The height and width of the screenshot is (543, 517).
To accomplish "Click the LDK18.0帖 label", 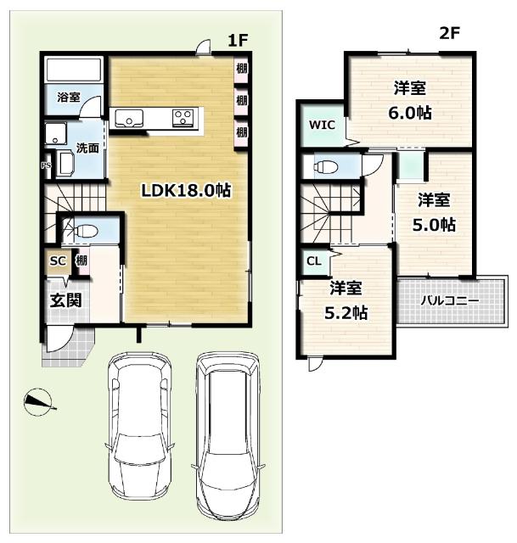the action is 186,190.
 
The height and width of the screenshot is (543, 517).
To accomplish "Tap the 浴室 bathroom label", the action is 69,98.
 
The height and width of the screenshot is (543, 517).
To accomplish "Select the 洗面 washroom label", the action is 87,148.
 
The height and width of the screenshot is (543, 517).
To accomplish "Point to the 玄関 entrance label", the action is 66,300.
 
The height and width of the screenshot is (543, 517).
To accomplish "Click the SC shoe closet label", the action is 58,260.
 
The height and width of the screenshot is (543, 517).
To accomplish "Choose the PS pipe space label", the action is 46,165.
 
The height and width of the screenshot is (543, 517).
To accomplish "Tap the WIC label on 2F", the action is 322,125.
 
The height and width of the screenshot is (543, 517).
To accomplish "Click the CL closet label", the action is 314,261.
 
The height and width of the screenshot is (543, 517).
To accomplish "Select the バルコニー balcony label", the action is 450,300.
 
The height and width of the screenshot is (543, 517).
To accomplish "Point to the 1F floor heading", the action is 238,41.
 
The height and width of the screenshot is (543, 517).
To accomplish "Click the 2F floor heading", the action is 449,34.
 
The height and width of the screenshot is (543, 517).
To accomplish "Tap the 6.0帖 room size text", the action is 409,113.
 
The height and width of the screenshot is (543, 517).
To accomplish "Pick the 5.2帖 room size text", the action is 346,313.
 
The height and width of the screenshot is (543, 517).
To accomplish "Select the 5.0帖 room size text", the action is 434,225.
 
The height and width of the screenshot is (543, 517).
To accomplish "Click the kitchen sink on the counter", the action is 129,119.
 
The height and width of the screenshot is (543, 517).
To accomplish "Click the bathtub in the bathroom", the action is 74,70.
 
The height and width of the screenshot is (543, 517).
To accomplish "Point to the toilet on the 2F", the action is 326,167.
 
